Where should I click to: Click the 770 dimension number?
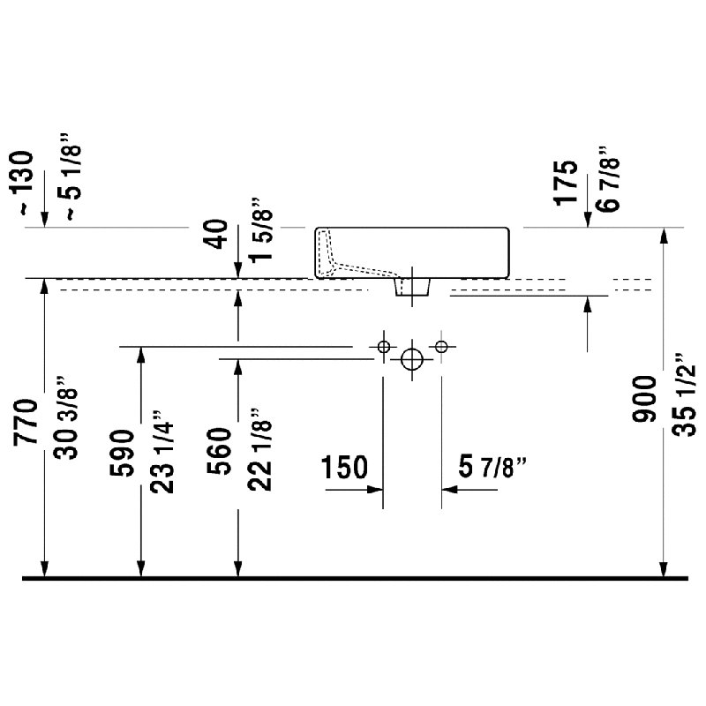pyautogui.click(x=26, y=422)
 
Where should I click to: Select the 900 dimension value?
pyautogui.click(x=644, y=400)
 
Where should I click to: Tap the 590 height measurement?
pyautogui.click(x=122, y=453)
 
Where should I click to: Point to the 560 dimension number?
pyautogui.click(x=219, y=451)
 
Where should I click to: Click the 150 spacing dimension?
pyautogui.click(x=344, y=467)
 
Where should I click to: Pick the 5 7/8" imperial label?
pyautogui.click(x=492, y=467)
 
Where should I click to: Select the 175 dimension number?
pyautogui.click(x=566, y=183)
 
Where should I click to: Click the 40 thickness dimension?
pyautogui.click(x=219, y=234)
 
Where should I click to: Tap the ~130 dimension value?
pyautogui.click(x=21, y=184)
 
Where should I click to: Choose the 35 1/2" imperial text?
pyautogui.click(x=685, y=394)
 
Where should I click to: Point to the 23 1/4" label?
pyautogui.click(x=162, y=452)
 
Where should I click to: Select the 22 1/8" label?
pyautogui.click(x=259, y=449)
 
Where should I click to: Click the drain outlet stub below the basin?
pyautogui.click(x=412, y=287)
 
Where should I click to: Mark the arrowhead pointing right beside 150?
pyautogui.click(x=375, y=490)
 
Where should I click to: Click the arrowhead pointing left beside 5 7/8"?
pyautogui.click(x=449, y=490)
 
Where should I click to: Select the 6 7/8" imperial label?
pyautogui.click(x=608, y=178)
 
